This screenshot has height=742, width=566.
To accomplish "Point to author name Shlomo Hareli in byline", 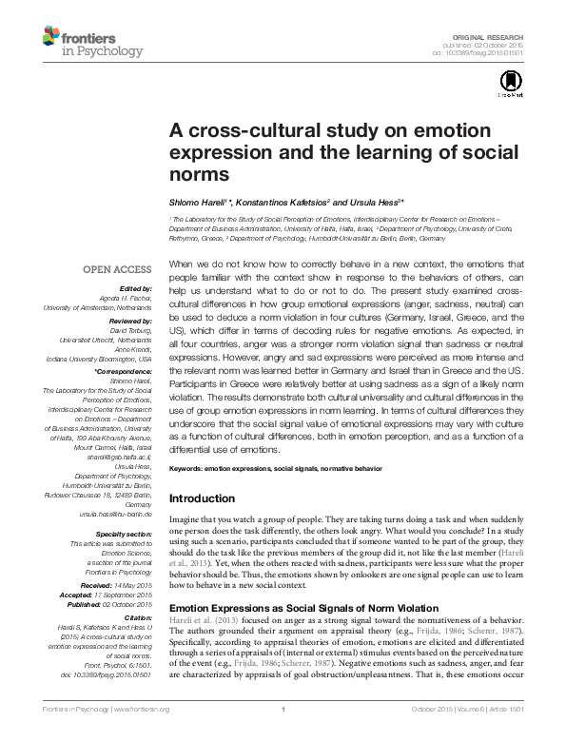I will pyautogui.click(x=200, y=201).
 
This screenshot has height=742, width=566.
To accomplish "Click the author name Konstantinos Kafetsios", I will pyautogui.click(x=281, y=201).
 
